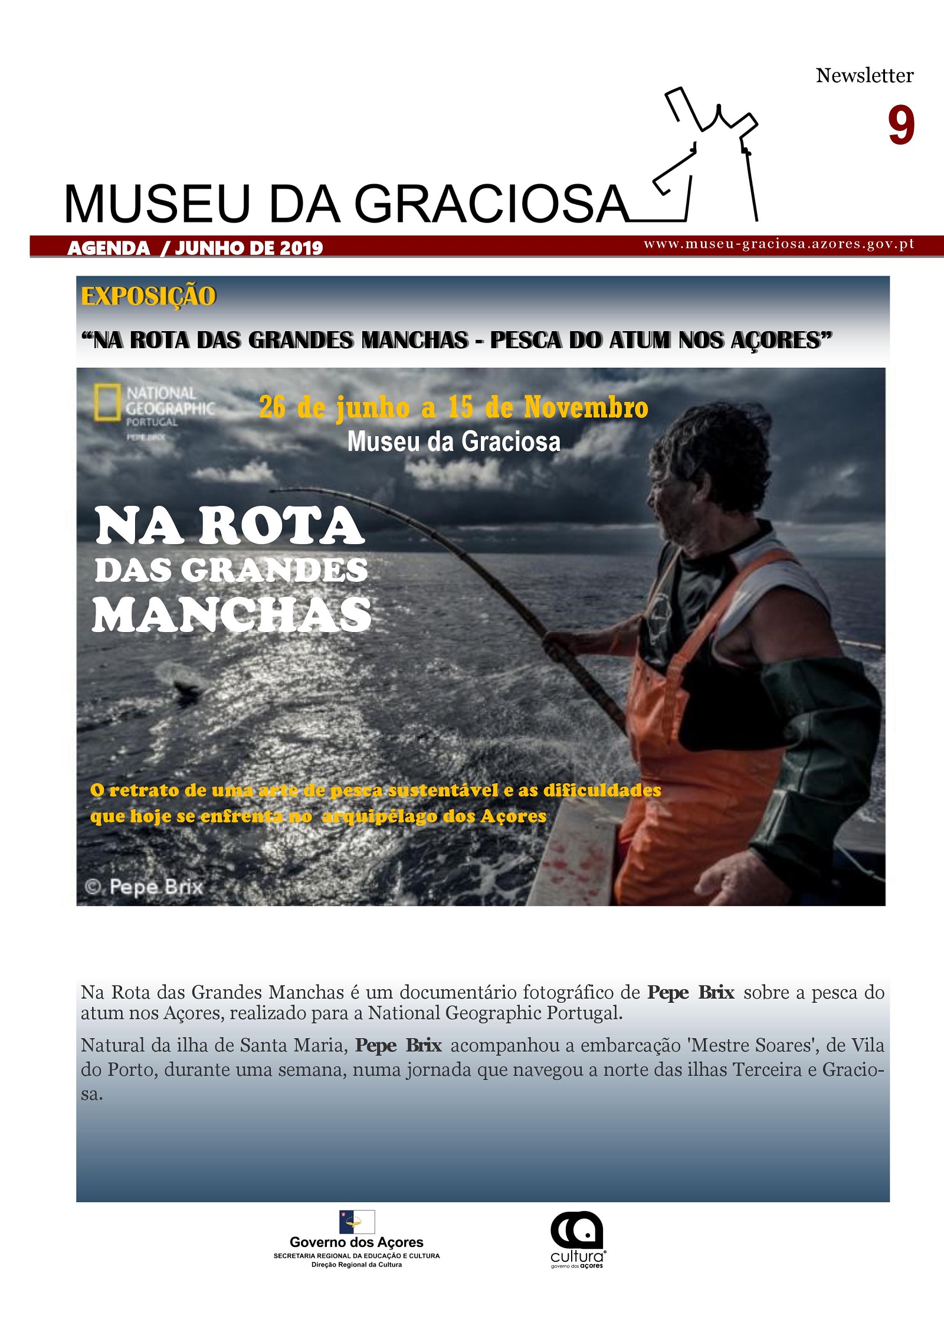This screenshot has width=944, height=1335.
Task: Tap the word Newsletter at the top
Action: tap(864, 76)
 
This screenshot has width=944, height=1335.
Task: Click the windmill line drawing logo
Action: tap(708, 156)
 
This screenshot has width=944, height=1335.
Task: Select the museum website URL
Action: tap(779, 244)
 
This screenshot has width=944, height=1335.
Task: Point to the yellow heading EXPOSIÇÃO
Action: tap(149, 296)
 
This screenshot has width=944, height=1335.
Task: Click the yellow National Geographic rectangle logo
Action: tap(107, 403)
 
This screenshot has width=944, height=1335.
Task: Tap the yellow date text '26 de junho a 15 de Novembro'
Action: tap(453, 407)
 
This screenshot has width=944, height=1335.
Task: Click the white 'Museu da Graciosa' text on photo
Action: tap(453, 441)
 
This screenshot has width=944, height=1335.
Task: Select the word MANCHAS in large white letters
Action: tap(232, 615)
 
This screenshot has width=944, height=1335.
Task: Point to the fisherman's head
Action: tap(702, 472)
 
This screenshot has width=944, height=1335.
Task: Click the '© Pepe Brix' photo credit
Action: tap(145, 887)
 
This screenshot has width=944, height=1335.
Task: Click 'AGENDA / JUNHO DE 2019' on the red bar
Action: tap(195, 248)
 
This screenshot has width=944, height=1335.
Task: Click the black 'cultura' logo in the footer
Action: tap(577, 1238)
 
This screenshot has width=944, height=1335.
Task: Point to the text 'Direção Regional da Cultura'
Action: tap(356, 1265)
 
